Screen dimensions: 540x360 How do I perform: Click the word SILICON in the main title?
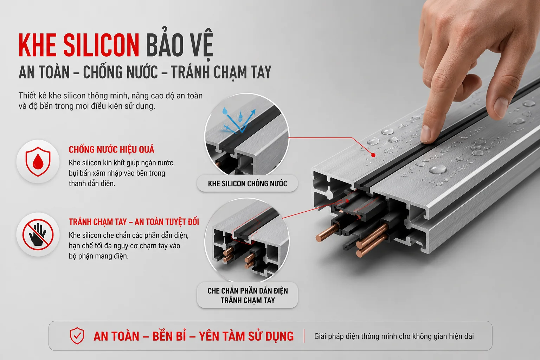tap(102, 45)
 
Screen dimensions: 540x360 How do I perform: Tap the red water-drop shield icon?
tap(38, 161)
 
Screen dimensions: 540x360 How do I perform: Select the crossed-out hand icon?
tap(38, 234)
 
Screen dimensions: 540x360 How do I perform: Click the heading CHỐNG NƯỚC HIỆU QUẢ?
tap(111, 149)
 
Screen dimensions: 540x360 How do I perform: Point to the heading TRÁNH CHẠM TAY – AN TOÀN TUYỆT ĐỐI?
tap(134, 222)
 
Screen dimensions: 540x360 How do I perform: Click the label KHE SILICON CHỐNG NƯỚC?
tap(247, 184)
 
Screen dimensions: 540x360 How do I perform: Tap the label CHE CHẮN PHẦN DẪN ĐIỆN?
tap(247, 290)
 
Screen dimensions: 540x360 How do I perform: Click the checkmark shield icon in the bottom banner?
tap(77, 336)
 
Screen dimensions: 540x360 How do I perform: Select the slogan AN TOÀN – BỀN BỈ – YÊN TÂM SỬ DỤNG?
tap(194, 336)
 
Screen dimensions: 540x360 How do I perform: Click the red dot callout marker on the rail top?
tap(373, 155)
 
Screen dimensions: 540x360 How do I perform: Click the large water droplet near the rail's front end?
tap(438, 169)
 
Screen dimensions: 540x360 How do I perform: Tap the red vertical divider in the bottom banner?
tap(304, 336)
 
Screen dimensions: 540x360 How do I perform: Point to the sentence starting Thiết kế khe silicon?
tap(111, 101)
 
